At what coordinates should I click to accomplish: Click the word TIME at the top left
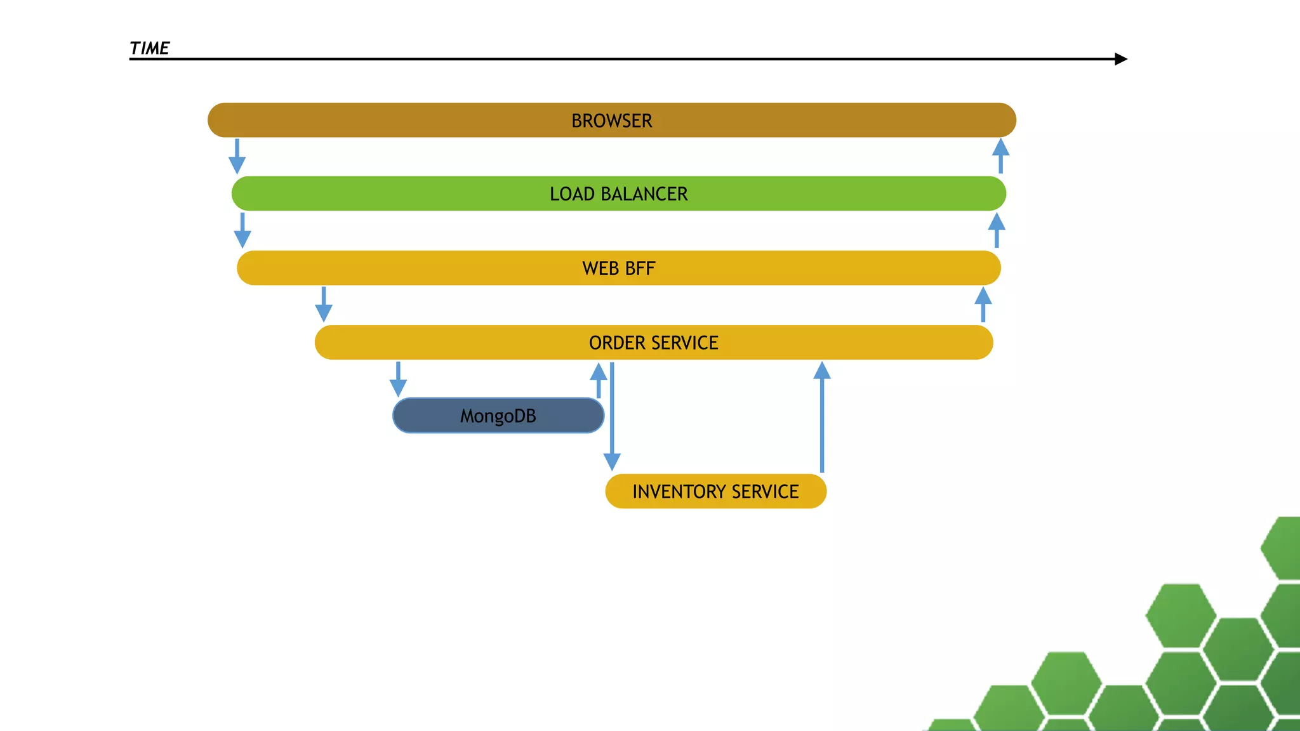click(x=149, y=48)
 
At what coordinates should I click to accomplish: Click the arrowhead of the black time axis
click(x=1121, y=59)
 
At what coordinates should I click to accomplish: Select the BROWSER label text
click(x=611, y=121)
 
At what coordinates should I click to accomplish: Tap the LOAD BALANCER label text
click(x=618, y=194)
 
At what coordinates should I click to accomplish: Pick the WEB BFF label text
click(x=618, y=268)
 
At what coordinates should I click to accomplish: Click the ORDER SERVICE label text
click(x=653, y=343)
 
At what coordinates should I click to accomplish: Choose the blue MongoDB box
click(x=498, y=416)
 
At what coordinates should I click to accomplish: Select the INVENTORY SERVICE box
click(x=715, y=491)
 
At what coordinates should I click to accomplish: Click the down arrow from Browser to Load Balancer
click(x=237, y=156)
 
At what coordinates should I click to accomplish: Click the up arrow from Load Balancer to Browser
click(x=1000, y=156)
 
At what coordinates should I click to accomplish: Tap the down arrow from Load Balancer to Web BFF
click(x=242, y=230)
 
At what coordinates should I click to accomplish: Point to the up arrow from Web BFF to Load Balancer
click(x=997, y=230)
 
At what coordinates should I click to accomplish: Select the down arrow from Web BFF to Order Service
click(x=324, y=305)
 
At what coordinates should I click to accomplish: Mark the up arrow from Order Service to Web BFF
click(x=983, y=305)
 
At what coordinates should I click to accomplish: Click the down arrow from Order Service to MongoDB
click(x=398, y=379)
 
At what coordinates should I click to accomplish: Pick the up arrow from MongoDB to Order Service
click(x=598, y=379)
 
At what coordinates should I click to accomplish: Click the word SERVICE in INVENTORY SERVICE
click(x=765, y=492)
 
